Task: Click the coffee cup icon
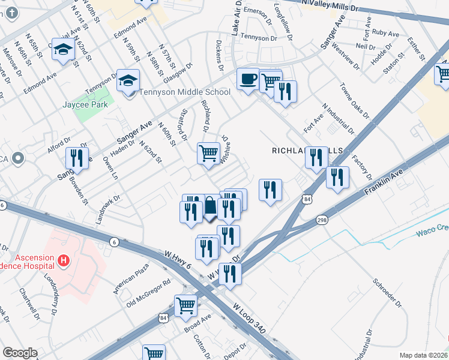[248, 79]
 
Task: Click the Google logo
[20, 353]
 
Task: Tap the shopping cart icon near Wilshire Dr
[208, 153]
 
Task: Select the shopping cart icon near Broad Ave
[186, 305]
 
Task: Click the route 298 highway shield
[322, 220]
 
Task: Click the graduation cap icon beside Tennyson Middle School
[128, 80]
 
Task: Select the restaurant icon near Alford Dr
[76, 158]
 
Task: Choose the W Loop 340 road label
[252, 322]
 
